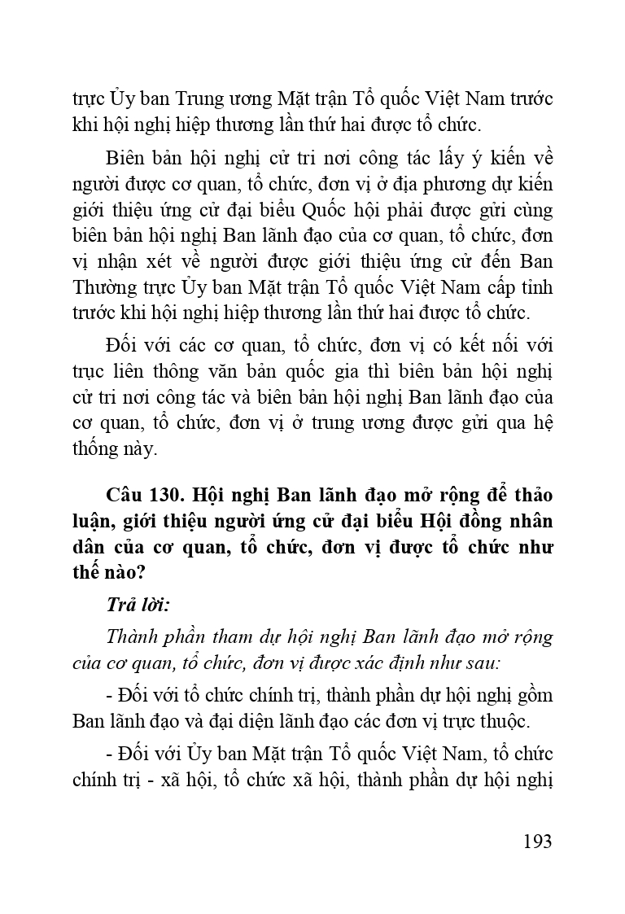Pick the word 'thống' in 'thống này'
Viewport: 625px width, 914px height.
point(94,448)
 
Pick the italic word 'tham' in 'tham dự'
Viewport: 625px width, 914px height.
point(247,635)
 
